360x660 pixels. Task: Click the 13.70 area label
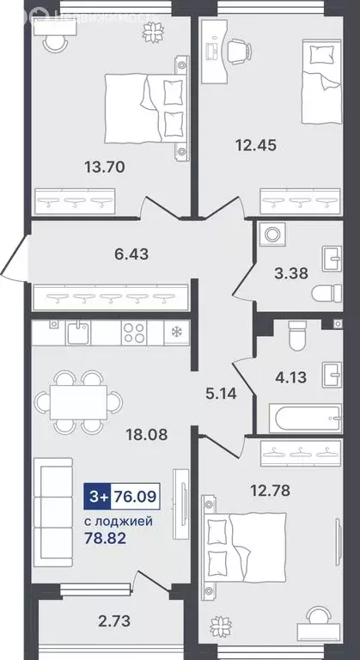[107, 167]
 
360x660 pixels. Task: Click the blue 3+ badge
[97, 495]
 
